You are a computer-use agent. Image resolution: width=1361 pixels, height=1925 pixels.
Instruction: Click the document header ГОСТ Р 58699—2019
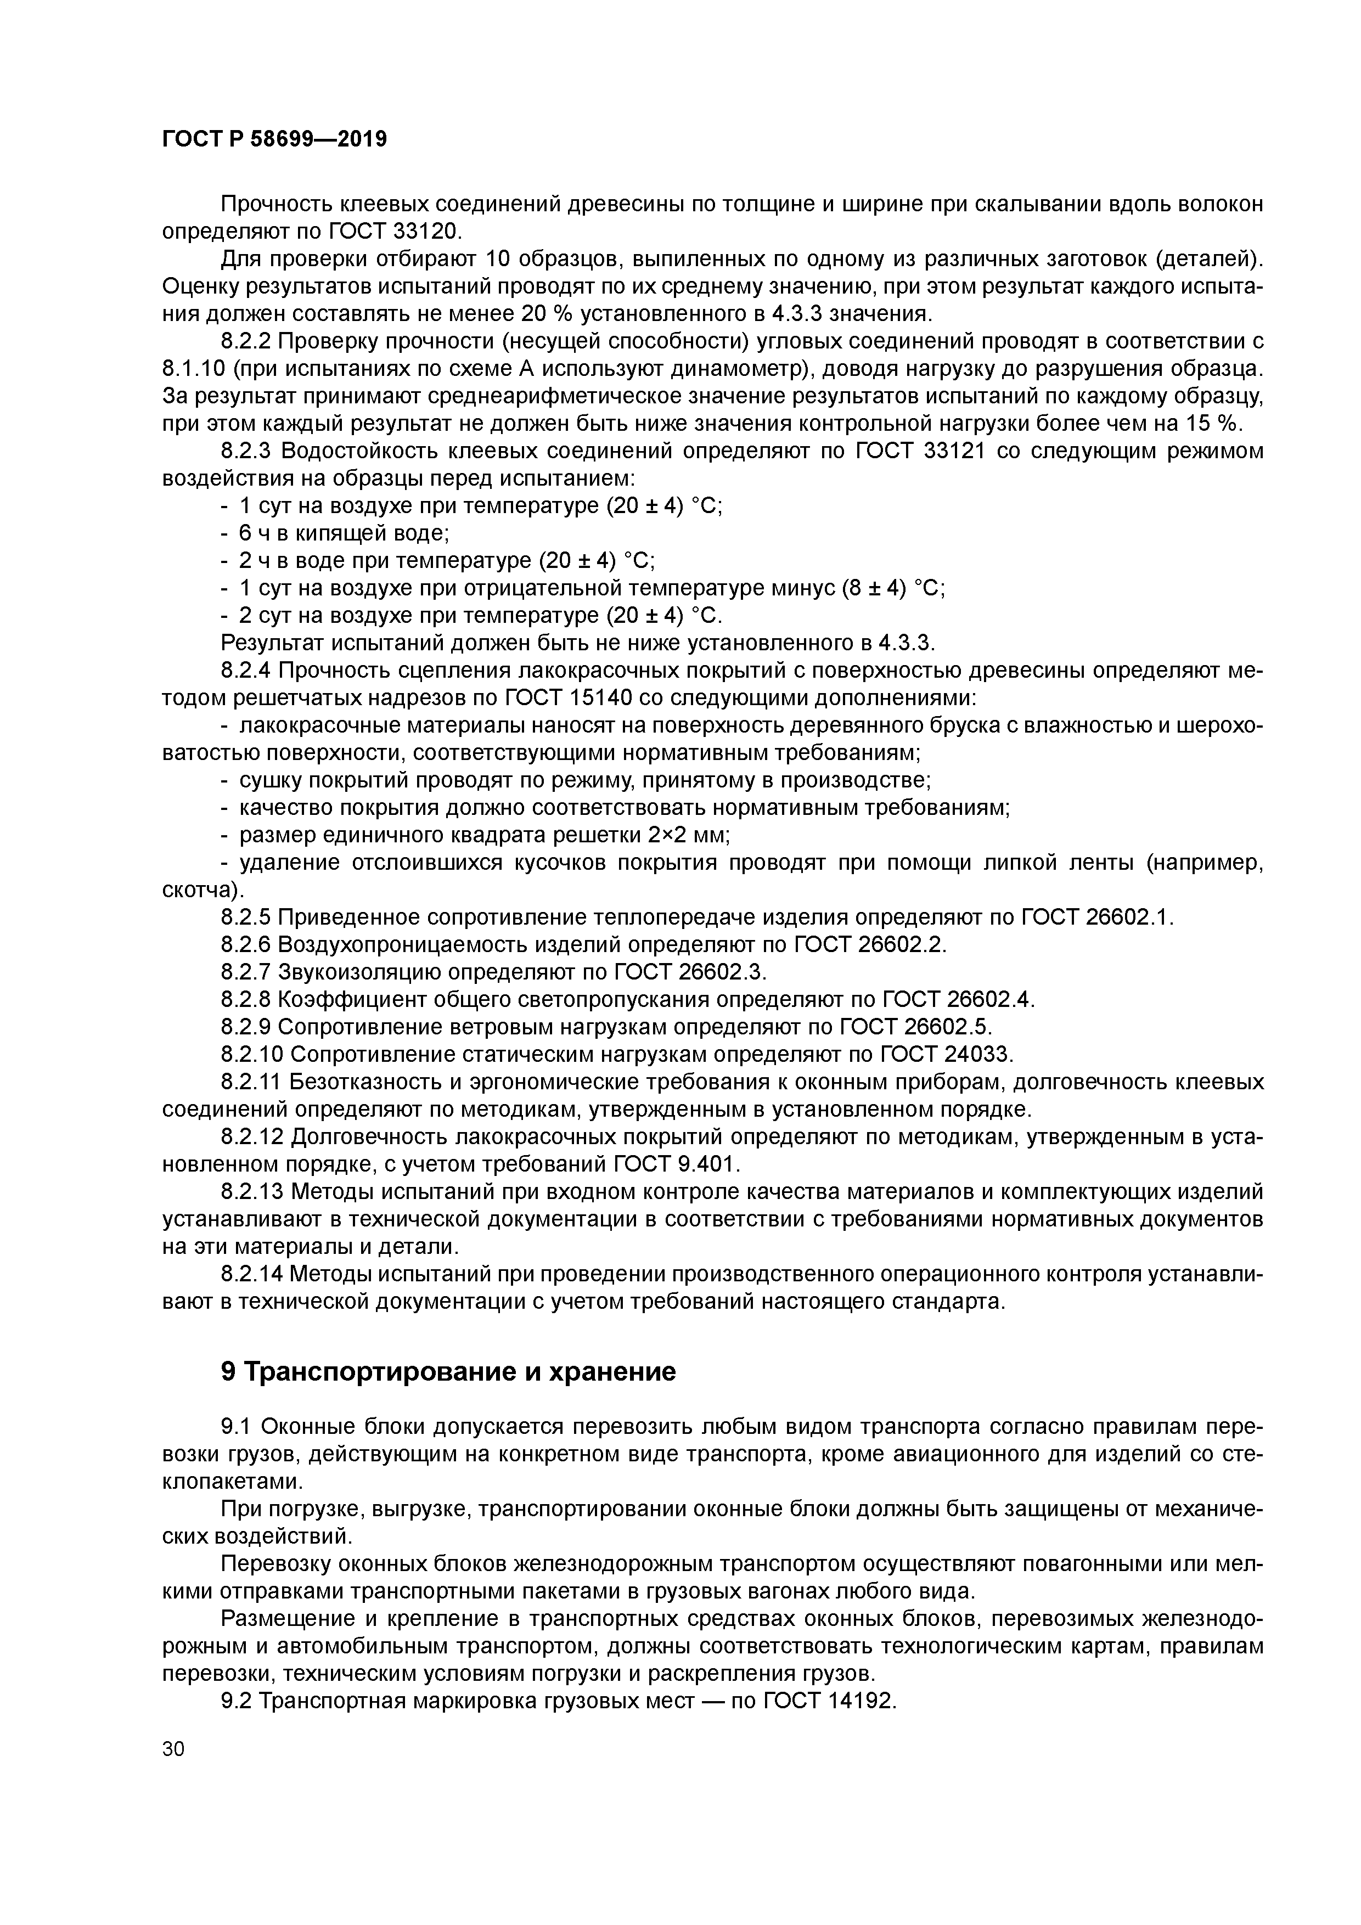pyautogui.click(x=274, y=139)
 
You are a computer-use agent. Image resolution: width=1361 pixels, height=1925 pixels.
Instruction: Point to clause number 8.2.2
pyautogui.click(x=246, y=341)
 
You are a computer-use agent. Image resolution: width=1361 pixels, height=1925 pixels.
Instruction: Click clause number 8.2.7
pyautogui.click(x=246, y=972)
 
